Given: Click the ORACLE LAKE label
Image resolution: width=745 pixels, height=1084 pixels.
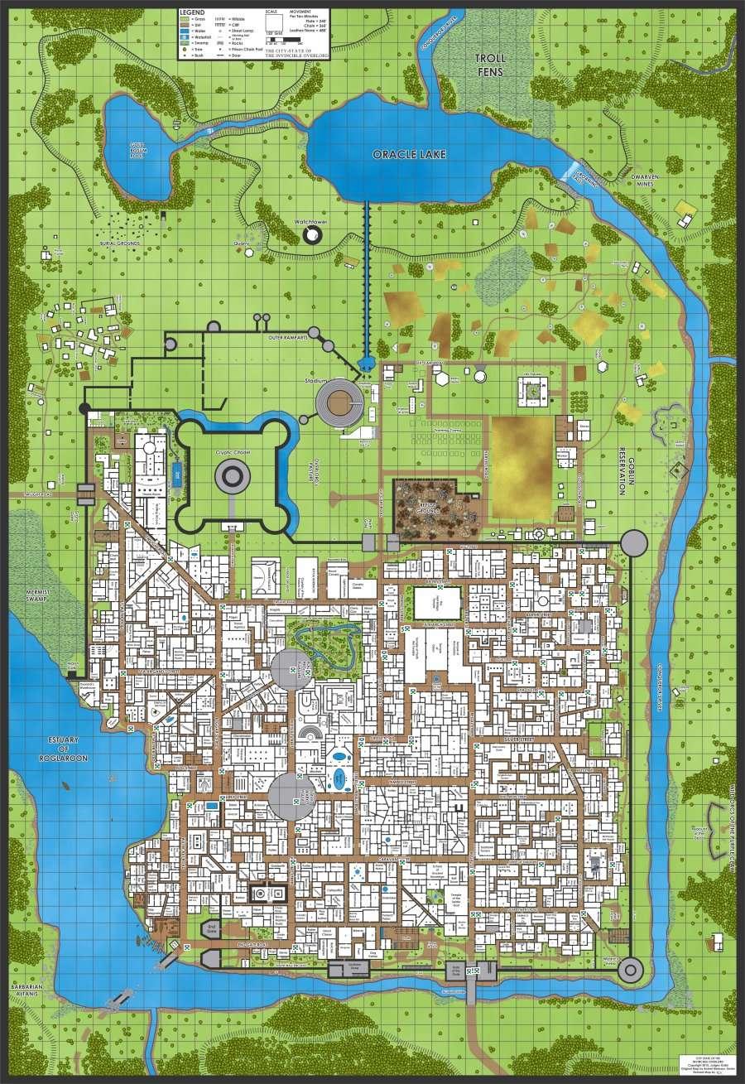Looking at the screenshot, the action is pos(404,154).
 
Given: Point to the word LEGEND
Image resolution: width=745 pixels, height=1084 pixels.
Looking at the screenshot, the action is pos(193,12).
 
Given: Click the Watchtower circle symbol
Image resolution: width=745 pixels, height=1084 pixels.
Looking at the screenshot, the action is pos(313,236).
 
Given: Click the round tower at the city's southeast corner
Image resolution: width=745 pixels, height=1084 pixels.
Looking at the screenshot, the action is pos(631,968).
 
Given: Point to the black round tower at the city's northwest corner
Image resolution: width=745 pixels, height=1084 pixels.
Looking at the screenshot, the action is pos(84,407).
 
